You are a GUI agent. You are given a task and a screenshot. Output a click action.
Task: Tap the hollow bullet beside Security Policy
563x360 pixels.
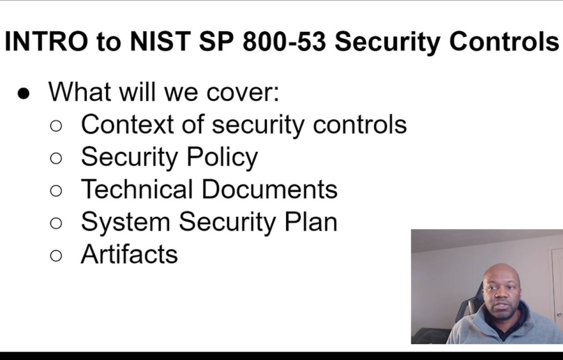pos(56,158)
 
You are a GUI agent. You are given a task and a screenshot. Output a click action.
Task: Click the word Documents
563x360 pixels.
pos(270,189)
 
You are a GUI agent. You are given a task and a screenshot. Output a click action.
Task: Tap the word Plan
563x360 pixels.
pos(310,222)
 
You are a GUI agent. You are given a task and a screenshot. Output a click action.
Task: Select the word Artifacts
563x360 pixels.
pos(129,254)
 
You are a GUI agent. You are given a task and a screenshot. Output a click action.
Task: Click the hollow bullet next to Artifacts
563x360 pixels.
pos(56,256)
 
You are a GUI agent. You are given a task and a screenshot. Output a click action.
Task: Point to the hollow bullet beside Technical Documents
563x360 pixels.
pos(56,191)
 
